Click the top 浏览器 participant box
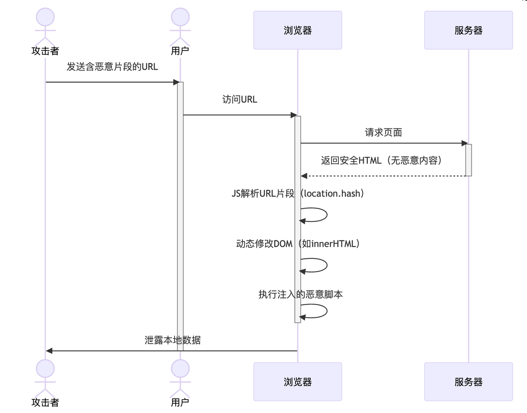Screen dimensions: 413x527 click(x=297, y=30)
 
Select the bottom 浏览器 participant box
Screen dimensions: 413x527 click(x=297, y=382)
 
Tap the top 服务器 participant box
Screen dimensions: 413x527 click(x=468, y=30)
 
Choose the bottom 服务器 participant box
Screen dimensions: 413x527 click(x=468, y=382)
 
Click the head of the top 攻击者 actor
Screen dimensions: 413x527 click(x=45, y=17)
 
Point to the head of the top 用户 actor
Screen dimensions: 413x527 click(x=180, y=17)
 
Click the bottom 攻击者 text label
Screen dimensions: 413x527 click(x=45, y=402)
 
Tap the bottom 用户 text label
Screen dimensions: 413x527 click(x=180, y=402)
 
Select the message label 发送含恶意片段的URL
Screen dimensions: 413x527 click(x=112, y=67)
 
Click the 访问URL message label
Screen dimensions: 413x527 click(x=240, y=100)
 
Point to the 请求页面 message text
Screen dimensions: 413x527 click(x=383, y=133)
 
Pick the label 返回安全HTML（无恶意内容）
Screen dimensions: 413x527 click(x=382, y=161)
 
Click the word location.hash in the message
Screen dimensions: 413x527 click(x=332, y=194)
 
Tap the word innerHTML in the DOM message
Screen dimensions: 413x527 click(x=333, y=244)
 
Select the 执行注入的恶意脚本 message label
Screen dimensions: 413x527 click(x=301, y=294)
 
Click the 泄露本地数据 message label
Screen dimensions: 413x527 click(x=173, y=340)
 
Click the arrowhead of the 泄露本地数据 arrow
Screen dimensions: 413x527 click(x=49, y=351)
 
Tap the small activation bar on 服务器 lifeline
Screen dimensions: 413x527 click(x=469, y=160)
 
